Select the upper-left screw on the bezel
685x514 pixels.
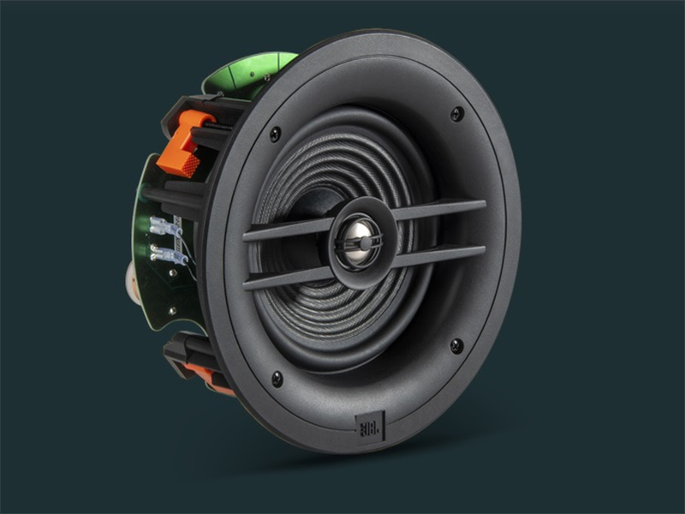click(x=275, y=134)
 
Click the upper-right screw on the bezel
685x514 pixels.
click(x=456, y=113)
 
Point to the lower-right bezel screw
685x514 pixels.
click(x=456, y=345)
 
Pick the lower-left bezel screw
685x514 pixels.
click(x=277, y=377)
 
